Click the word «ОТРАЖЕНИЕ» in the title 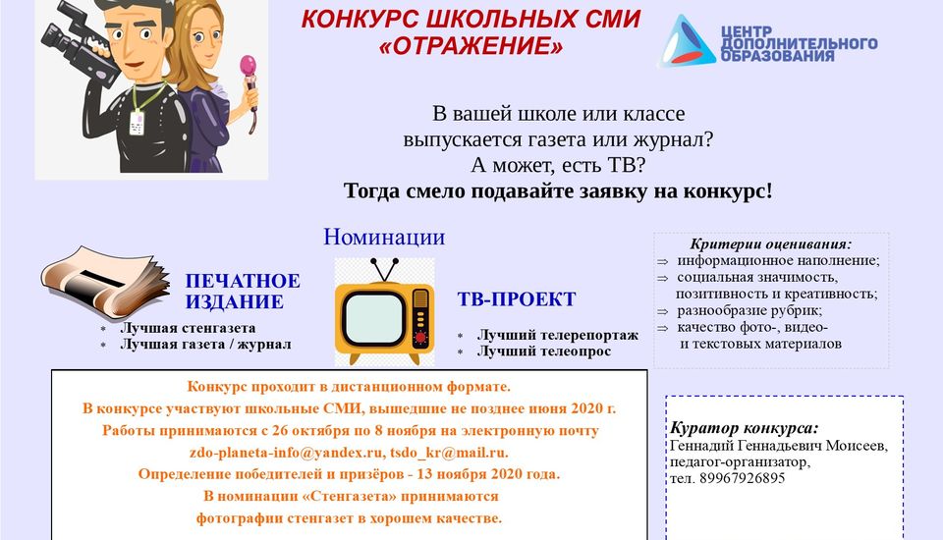coord(471,46)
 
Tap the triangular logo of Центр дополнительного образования coord(688,41)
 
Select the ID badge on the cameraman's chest coord(138,123)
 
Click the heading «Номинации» coord(384,237)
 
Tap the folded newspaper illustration coord(105,282)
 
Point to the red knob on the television coord(421,338)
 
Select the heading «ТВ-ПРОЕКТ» coord(517,298)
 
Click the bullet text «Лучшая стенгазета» coord(188,328)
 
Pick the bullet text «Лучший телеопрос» coord(544,351)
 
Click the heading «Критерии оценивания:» coord(771,244)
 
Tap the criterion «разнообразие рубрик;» coord(749,311)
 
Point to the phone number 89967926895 coord(743,479)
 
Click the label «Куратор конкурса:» coord(745,428)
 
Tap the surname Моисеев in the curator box coord(856,446)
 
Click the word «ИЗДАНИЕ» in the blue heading coord(234,301)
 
